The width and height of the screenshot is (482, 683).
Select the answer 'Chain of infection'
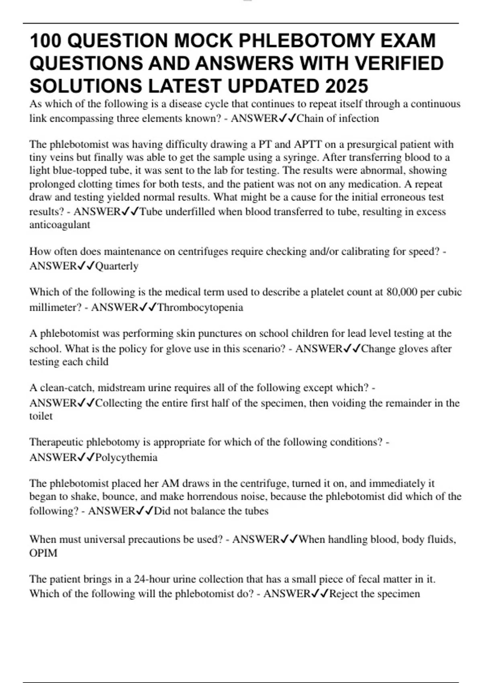338,119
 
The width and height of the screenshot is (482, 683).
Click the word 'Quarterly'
117,266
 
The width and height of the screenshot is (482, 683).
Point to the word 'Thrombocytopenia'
200,308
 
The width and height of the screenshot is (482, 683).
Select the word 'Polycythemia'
127,458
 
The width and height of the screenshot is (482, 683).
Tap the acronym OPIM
43,553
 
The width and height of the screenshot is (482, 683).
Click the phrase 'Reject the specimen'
374,594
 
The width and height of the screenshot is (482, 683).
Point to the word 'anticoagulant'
60,225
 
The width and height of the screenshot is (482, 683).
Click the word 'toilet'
41,416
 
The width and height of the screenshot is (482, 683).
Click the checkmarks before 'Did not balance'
145,511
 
